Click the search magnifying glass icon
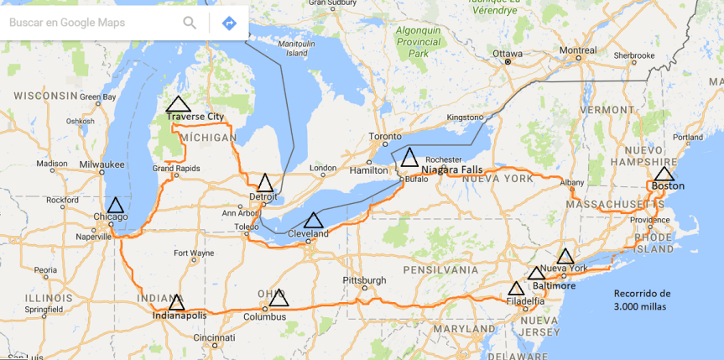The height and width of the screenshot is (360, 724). [190, 23]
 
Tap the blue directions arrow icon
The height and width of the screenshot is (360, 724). [229, 23]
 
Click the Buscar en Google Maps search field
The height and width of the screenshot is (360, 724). [84, 23]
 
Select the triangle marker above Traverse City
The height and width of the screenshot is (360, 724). [178, 105]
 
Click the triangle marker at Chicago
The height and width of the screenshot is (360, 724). [115, 205]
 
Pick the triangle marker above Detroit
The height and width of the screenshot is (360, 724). [265, 183]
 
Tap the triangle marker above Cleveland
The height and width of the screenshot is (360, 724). [314, 221]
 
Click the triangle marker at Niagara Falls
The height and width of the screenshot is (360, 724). [409, 158]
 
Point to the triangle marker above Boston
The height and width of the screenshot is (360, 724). [664, 174]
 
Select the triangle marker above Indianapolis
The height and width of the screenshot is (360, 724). [176, 302]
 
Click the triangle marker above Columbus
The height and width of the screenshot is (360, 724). [279, 299]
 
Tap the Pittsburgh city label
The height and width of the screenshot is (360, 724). [364, 280]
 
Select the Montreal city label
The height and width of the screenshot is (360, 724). [579, 50]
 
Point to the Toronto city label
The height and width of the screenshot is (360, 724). [386, 136]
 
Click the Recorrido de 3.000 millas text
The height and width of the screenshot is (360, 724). [642, 300]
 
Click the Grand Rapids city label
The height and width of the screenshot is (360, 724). [176, 169]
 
